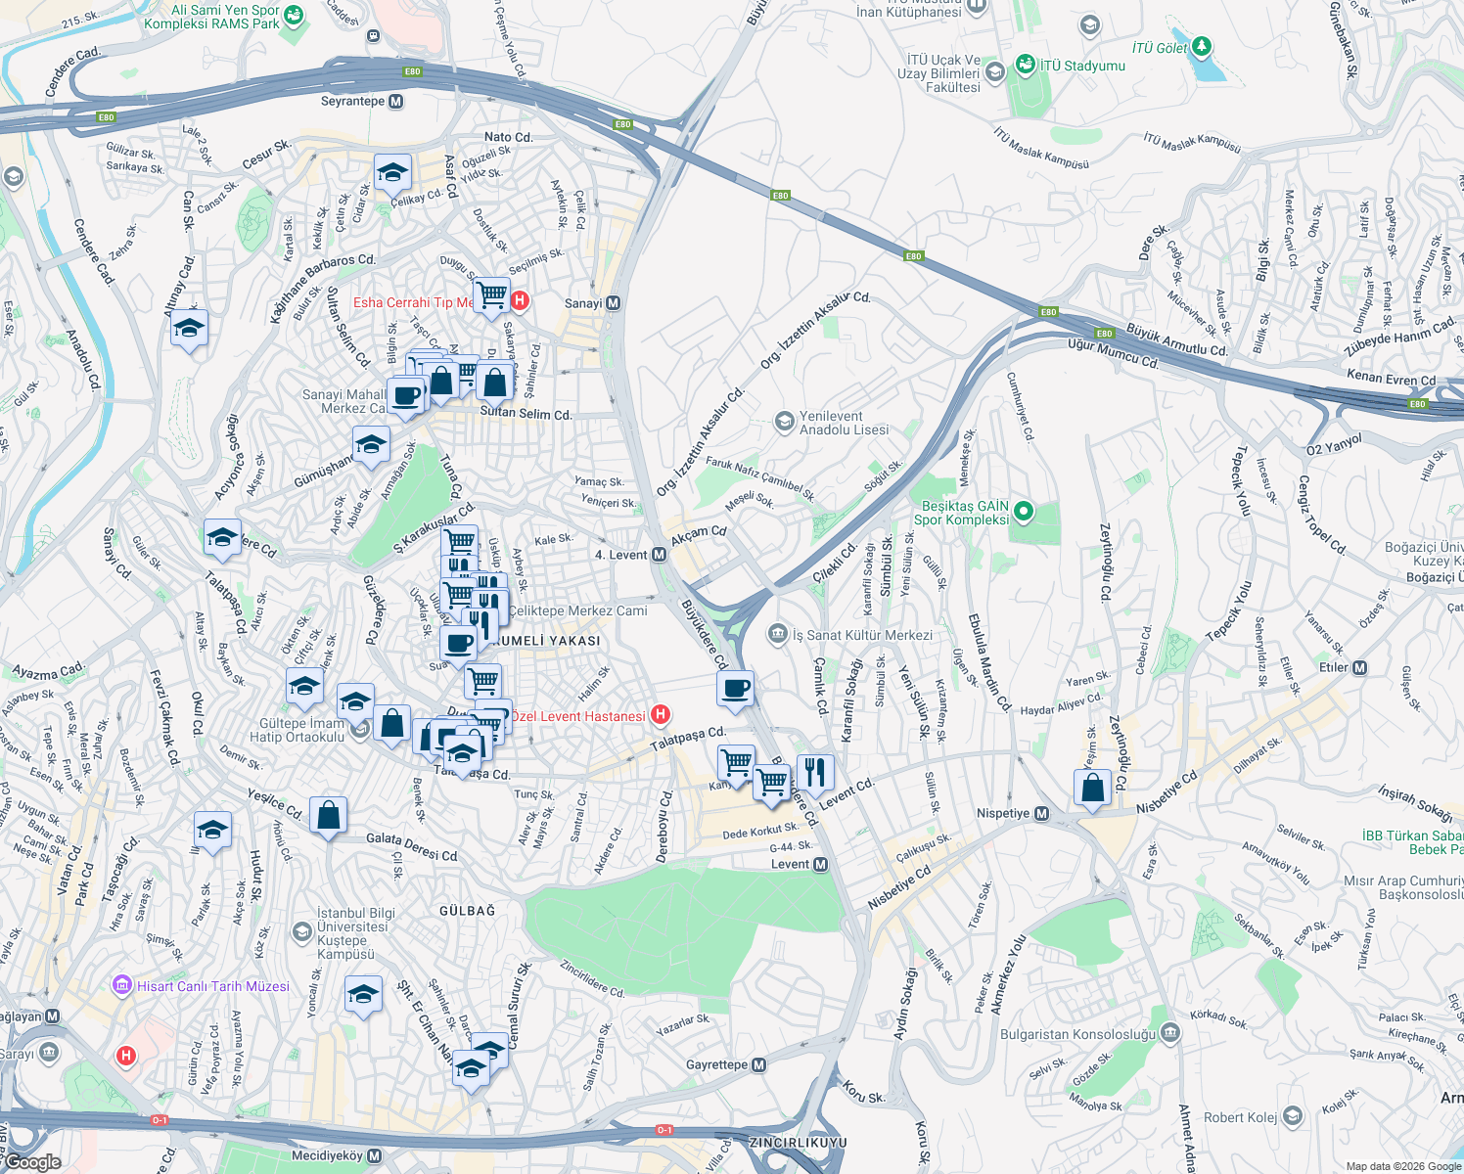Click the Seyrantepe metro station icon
click(x=395, y=101)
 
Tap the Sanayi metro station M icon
click(x=613, y=303)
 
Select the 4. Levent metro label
click(x=620, y=555)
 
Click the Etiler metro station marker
click(x=1359, y=668)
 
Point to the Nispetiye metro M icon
click(x=1041, y=814)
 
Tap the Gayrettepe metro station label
click(x=716, y=1064)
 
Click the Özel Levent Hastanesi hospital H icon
click(x=661, y=715)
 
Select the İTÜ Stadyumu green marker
click(x=1025, y=66)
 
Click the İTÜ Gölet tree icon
click(x=1202, y=46)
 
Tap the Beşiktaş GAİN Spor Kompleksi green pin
click(x=1023, y=511)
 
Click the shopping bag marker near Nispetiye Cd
click(x=1092, y=787)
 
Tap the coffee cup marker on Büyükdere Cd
click(x=735, y=688)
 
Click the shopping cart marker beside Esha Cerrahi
click(x=491, y=293)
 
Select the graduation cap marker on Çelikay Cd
click(x=391, y=173)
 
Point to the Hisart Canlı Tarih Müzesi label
click(x=212, y=986)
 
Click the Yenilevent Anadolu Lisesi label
click(x=844, y=423)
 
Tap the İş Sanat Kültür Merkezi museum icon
click(x=778, y=634)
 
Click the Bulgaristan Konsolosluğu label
click(x=1077, y=1034)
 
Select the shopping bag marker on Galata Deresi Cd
click(x=328, y=814)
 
